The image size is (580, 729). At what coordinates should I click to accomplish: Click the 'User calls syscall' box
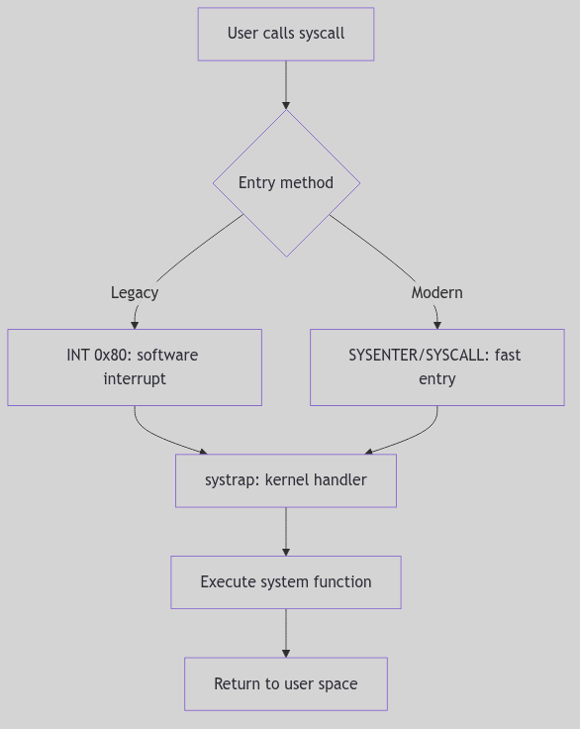pyautogui.click(x=286, y=34)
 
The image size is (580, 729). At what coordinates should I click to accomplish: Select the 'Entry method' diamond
pyautogui.click(x=286, y=183)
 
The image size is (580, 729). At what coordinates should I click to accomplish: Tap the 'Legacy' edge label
pyautogui.click(x=135, y=292)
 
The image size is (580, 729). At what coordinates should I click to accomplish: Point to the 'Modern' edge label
pyautogui.click(x=436, y=292)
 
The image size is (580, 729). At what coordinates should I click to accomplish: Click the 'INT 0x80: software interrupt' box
pyautogui.click(x=135, y=366)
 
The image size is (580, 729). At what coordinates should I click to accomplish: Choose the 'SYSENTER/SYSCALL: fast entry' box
pyautogui.click(x=436, y=366)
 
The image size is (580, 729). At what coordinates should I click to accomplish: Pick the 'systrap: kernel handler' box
pyautogui.click(x=286, y=480)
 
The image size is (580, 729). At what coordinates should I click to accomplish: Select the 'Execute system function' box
pyautogui.click(x=286, y=581)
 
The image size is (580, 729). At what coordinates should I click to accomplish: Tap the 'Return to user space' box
pyautogui.click(x=286, y=683)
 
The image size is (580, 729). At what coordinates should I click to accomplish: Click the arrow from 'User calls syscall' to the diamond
pyautogui.click(x=286, y=84)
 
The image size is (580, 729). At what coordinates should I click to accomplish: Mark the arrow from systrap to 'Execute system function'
pyautogui.click(x=286, y=531)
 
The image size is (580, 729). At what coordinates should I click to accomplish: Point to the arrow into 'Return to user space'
pyautogui.click(x=286, y=633)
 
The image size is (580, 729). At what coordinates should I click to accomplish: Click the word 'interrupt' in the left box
pyautogui.click(x=135, y=379)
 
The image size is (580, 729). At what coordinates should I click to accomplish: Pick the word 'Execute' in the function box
pyautogui.click(x=228, y=581)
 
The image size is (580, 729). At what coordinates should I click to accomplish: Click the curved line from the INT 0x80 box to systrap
pyautogui.click(x=158, y=436)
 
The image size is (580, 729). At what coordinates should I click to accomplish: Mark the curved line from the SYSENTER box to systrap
pyautogui.click(x=411, y=437)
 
